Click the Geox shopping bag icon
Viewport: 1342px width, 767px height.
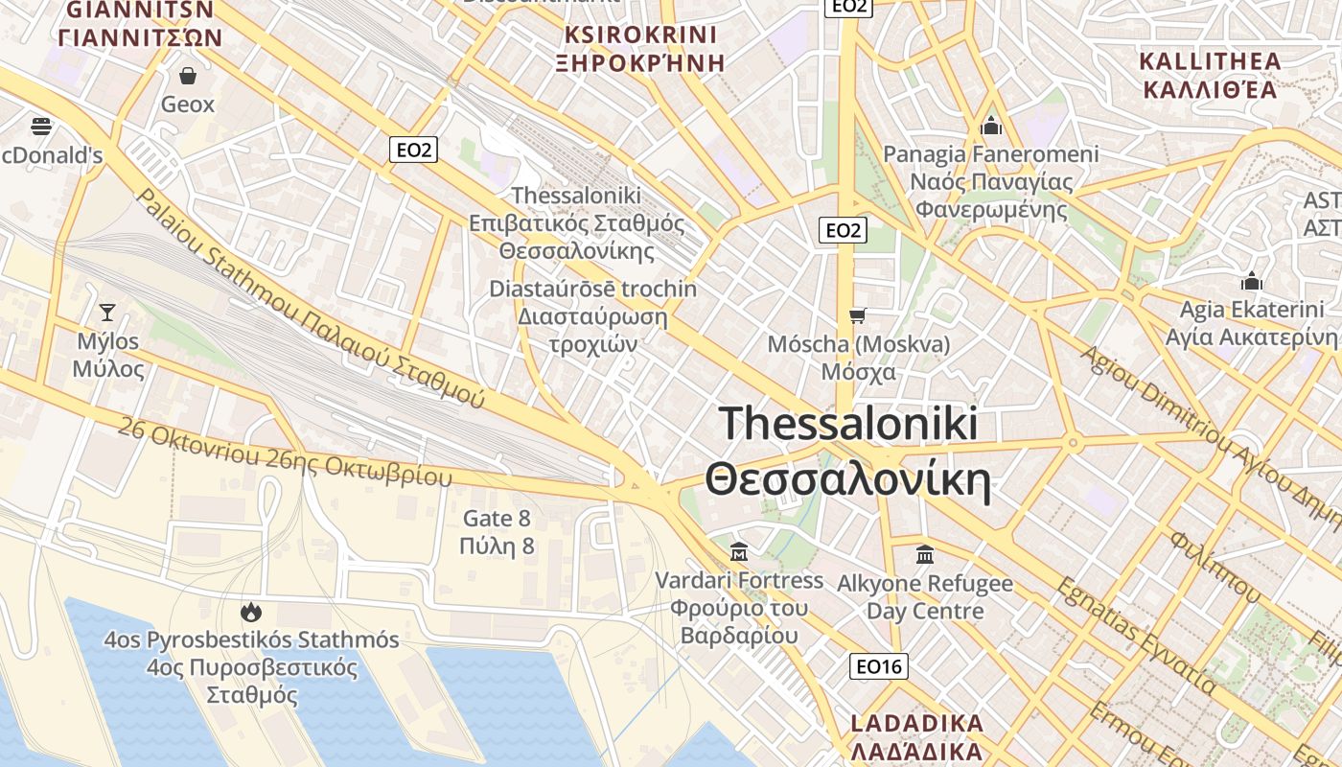tap(188, 75)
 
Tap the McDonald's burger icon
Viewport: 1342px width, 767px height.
tap(40, 126)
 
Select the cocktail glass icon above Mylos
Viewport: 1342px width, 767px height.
tap(107, 312)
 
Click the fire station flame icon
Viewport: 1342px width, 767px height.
tap(251, 611)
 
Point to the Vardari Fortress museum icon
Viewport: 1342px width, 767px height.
tap(739, 551)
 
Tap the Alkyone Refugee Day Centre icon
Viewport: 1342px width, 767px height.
tap(925, 554)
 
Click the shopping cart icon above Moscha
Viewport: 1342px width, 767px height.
tap(858, 315)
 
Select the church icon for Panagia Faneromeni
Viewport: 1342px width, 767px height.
tap(991, 126)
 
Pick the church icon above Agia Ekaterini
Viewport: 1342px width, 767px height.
tap(1251, 282)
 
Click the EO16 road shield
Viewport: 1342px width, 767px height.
tap(879, 666)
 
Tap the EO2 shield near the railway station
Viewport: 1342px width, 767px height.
tap(414, 150)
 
